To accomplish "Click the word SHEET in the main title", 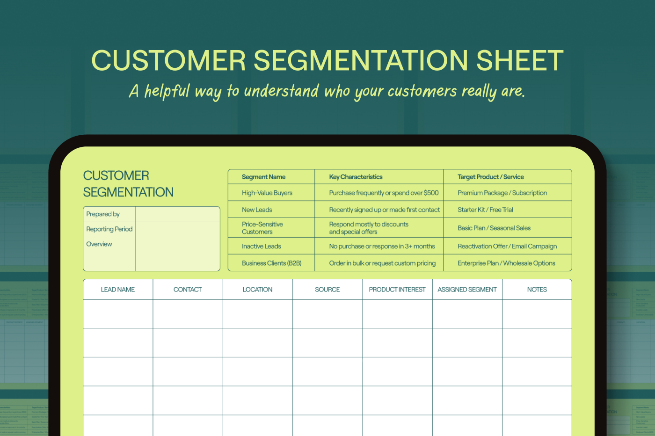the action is (x=520, y=60).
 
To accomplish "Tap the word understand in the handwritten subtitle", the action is (x=281, y=91).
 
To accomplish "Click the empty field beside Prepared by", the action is (x=178, y=214).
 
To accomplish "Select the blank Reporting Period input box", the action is (x=178, y=229).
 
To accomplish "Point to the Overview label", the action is (x=99, y=244).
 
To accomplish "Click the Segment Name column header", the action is (x=263, y=177).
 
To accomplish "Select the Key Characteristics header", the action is (x=356, y=177).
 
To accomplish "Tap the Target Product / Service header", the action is (x=490, y=177).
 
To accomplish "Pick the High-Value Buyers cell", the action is (x=267, y=193).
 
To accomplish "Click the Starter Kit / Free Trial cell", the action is (x=485, y=210).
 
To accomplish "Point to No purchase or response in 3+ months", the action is (x=382, y=246).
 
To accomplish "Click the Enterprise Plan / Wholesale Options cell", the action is (x=506, y=263).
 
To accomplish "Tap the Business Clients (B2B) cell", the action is (x=271, y=263).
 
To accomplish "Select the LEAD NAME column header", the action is (x=117, y=290).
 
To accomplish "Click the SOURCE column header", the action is (x=327, y=290).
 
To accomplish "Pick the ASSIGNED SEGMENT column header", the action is (x=467, y=290).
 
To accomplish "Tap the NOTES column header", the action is (x=537, y=290).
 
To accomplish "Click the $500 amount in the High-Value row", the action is (x=431, y=193).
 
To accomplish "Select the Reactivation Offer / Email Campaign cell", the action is (x=507, y=246).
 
